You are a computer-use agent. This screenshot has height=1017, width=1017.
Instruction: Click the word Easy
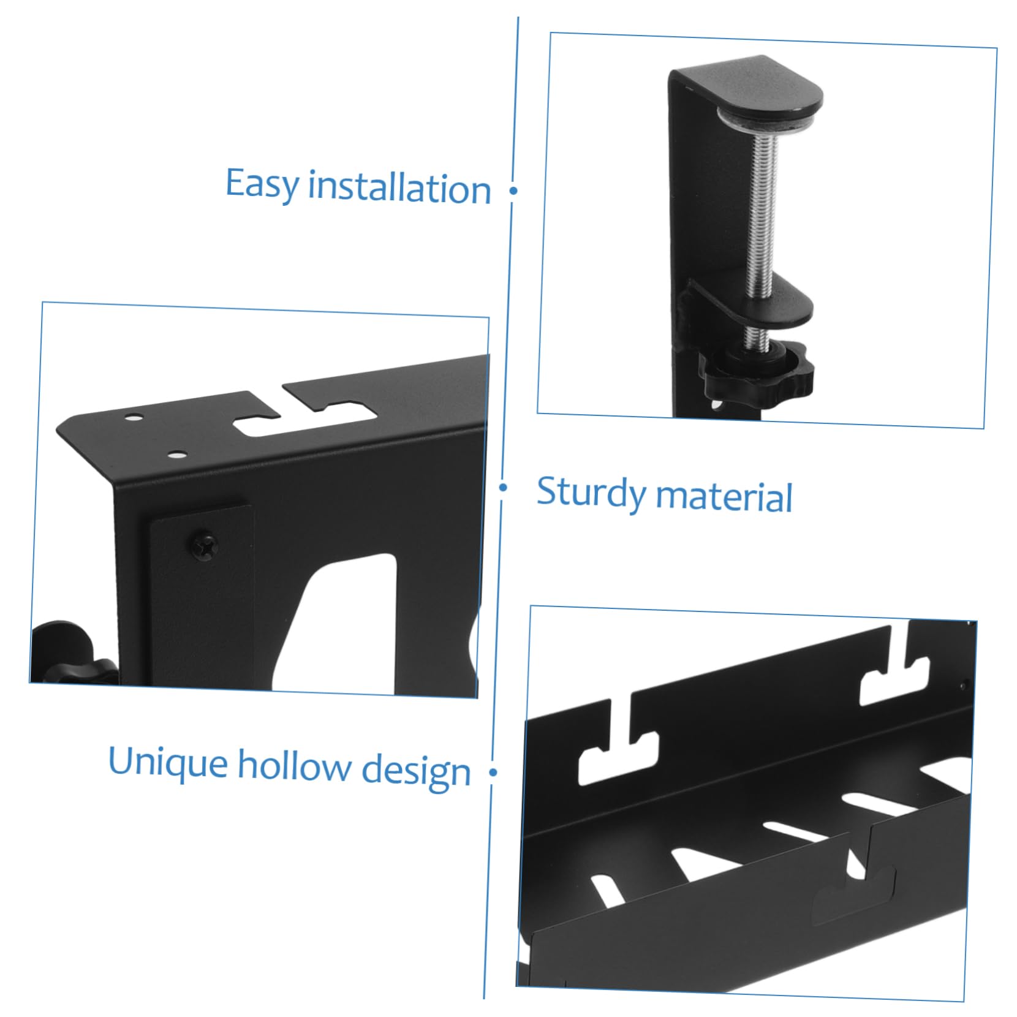(262, 184)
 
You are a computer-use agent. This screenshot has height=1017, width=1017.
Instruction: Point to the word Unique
(168, 763)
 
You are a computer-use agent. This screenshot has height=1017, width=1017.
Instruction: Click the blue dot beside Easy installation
(513, 191)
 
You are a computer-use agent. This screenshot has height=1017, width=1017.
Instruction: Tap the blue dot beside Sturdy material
(503, 488)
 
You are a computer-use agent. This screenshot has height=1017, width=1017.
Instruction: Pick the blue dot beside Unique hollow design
(493, 772)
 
